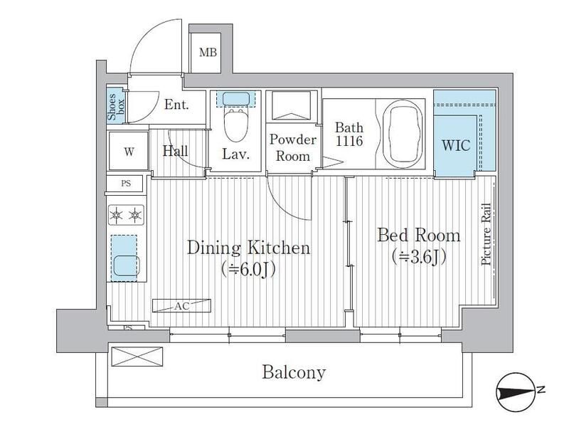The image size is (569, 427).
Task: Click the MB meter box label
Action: (x=208, y=52)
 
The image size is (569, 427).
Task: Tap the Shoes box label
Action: (x=116, y=107)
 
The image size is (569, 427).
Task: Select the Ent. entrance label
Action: (x=176, y=105)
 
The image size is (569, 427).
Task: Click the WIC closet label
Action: (x=456, y=145)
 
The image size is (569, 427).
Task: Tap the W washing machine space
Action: (x=129, y=151)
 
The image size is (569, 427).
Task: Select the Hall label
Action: (x=175, y=151)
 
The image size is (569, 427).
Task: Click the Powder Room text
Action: (x=293, y=147)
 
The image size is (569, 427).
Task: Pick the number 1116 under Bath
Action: (x=349, y=141)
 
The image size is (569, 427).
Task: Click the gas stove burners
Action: (x=126, y=216)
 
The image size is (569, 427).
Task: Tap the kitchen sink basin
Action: (x=126, y=265)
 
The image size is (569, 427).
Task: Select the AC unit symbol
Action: (x=181, y=306)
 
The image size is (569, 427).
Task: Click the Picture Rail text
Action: (x=486, y=234)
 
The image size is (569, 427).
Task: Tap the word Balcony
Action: (x=294, y=372)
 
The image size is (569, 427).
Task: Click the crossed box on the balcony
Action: (x=137, y=357)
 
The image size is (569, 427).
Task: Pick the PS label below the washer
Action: (x=126, y=184)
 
